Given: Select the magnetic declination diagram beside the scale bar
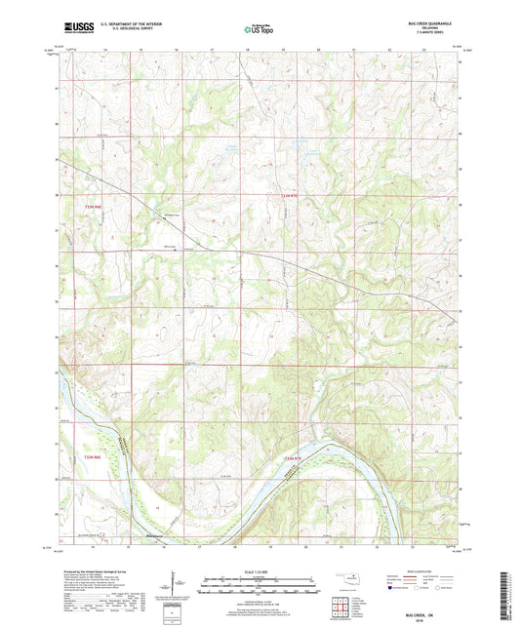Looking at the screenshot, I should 173,584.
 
